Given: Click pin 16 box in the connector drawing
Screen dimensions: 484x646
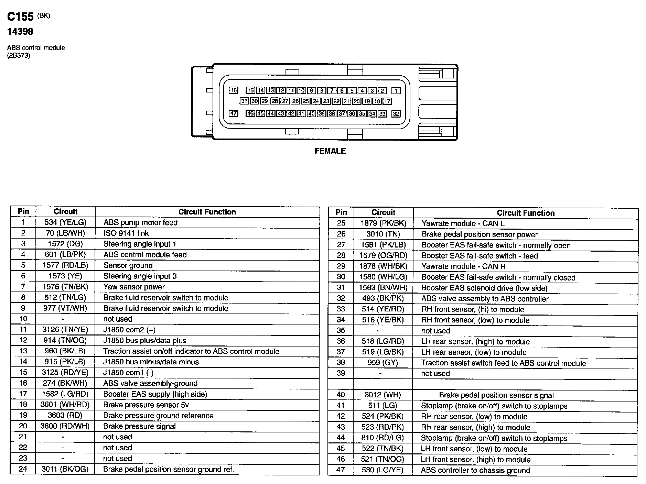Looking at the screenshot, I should point(234,90).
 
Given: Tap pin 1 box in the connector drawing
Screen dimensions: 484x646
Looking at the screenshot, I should point(396,91).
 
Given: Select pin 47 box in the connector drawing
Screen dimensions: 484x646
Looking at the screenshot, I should point(234,113).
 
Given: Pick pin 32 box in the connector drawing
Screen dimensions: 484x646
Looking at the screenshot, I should point(396,114).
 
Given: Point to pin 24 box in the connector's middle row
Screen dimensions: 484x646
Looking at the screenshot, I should point(315,101).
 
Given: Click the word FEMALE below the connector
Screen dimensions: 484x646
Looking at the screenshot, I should point(330,151).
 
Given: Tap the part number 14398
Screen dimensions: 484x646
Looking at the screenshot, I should point(20,32).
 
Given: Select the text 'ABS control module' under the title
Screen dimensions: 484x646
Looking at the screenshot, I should point(36,48).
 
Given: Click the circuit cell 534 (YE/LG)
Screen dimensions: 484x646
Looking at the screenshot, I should point(65,222).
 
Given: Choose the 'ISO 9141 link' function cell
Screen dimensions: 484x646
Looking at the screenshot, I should point(126,233).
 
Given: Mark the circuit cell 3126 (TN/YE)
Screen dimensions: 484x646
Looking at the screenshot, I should point(65,330).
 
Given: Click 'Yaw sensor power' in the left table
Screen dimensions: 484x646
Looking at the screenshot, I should point(134,287).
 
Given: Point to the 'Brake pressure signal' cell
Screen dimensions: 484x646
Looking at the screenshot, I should point(139,426).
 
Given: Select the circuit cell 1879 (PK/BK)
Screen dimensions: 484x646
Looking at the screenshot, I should point(383,223).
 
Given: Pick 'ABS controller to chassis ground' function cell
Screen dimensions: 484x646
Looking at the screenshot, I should point(475,470).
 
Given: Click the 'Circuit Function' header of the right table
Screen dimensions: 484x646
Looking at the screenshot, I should point(526,213).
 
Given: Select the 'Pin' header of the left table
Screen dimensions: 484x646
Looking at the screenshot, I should point(23,211).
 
